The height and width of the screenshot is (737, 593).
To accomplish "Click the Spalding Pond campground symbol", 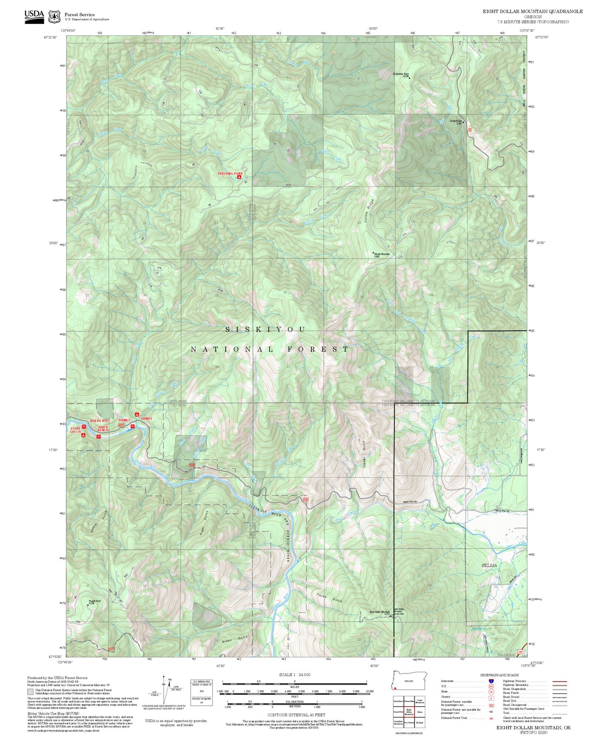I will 239,177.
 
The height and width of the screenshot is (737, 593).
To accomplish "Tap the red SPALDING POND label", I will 230,174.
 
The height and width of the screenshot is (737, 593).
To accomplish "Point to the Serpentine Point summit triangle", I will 409,78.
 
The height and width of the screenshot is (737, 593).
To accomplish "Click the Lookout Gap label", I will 456,121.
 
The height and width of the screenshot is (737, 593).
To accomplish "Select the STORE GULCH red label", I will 76,430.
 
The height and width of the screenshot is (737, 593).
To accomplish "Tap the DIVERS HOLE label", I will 100,421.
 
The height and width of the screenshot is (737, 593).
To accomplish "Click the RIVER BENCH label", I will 103,428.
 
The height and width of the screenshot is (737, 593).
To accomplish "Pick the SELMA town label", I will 489,565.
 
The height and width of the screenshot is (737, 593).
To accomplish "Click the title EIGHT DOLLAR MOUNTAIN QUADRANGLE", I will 532,11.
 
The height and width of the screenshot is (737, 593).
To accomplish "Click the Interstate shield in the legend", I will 490,681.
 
